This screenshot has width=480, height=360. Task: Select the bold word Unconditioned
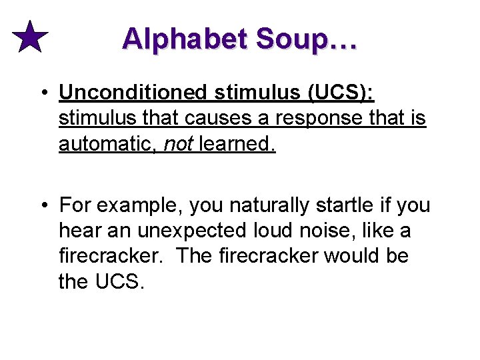(x=133, y=93)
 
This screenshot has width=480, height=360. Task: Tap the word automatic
(x=107, y=143)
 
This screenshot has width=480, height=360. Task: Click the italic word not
(x=179, y=143)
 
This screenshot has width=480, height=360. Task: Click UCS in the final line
(x=119, y=282)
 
